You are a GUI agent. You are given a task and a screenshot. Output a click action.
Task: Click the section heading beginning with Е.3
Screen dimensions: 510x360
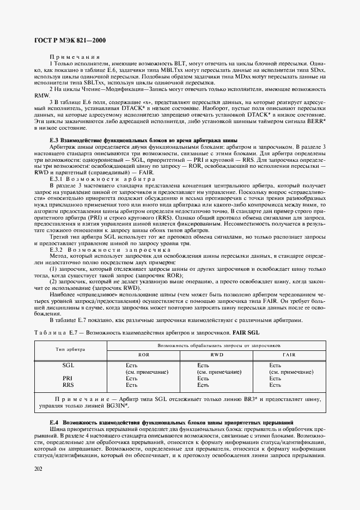coord(132,140)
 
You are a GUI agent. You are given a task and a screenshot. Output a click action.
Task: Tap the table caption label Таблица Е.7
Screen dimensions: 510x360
coord(58,332)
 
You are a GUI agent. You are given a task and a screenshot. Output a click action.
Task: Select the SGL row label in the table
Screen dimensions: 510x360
coord(68,365)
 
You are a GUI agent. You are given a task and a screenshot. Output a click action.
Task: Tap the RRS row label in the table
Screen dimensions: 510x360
coord(68,385)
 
